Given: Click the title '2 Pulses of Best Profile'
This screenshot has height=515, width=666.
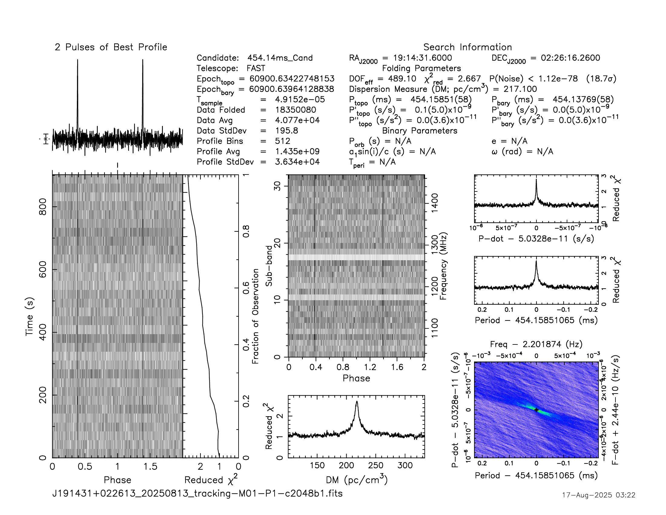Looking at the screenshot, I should [111, 47].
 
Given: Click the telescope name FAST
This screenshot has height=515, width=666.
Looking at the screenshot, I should [256, 68].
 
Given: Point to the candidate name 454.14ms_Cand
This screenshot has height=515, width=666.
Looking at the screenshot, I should [280, 58].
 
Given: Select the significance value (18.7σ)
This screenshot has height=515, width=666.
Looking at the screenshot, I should [601, 78].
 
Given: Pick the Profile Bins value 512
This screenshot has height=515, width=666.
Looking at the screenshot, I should [282, 141].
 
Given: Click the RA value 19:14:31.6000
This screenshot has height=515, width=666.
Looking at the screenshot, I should [422, 58].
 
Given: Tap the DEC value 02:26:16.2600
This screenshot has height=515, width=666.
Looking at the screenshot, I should [570, 58].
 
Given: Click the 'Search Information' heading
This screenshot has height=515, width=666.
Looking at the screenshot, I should [467, 47].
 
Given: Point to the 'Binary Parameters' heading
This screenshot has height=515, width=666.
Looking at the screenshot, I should [420, 131].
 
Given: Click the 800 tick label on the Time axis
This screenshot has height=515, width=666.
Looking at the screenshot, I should [43, 207].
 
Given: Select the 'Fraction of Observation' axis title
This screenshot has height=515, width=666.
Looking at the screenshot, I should [256, 316].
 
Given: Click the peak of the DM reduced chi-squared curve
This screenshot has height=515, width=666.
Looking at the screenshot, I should [357, 402].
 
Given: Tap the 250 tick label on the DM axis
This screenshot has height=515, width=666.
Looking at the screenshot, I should [375, 465].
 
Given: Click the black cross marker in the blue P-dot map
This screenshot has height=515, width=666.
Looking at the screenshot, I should [536, 410].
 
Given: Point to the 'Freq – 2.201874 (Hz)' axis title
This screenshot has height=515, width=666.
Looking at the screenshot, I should [536, 344].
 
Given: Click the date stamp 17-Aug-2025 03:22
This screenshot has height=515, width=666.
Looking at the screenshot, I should [598, 495].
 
